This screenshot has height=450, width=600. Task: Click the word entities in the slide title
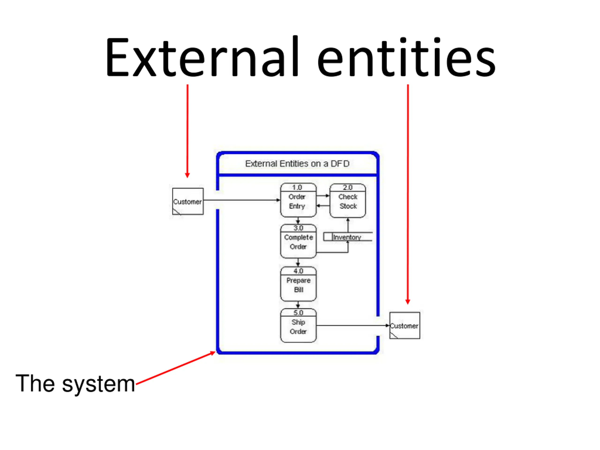(x=407, y=57)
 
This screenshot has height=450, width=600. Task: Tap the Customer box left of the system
(x=188, y=201)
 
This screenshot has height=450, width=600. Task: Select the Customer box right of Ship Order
(x=405, y=326)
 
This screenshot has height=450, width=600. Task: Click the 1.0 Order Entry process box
(x=298, y=200)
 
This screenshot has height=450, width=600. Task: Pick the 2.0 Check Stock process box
(x=348, y=200)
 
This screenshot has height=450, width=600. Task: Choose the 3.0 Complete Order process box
(x=298, y=241)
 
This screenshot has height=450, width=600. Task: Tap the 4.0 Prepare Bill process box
(x=298, y=284)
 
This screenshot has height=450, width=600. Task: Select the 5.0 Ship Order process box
(x=298, y=326)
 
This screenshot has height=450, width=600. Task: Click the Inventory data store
(x=348, y=237)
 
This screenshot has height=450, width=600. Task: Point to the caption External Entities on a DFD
(x=297, y=164)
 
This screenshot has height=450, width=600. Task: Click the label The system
(x=75, y=383)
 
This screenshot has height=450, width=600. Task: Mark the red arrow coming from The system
(x=176, y=368)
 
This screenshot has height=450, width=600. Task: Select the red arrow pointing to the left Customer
(x=187, y=131)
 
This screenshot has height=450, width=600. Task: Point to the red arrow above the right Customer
(x=408, y=195)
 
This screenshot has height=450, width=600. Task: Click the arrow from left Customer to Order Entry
(x=242, y=200)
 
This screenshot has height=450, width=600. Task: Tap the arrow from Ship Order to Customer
(x=353, y=326)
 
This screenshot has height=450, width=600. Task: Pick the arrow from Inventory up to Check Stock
(x=348, y=225)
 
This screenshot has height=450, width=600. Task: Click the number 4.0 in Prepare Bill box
(x=298, y=271)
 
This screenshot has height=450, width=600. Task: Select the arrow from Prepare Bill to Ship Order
(x=298, y=305)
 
